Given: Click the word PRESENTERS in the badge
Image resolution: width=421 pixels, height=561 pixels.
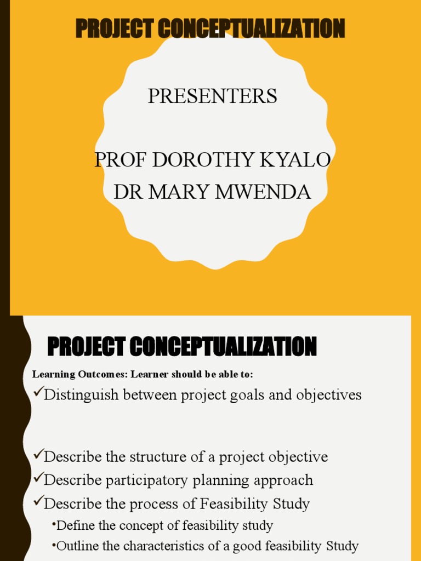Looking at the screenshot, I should click(212, 96).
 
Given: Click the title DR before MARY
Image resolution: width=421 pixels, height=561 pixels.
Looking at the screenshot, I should click(125, 192).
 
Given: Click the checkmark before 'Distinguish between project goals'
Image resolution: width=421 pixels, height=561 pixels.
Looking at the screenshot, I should click(38, 393).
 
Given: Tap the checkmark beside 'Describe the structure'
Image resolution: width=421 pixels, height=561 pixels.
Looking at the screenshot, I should click(38, 455).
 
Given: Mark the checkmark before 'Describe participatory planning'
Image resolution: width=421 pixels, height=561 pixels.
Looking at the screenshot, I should click(38, 478).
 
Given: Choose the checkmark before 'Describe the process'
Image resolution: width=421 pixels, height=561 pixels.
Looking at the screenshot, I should click(38, 502).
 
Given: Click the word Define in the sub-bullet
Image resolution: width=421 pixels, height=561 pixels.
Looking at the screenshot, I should click(75, 526).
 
